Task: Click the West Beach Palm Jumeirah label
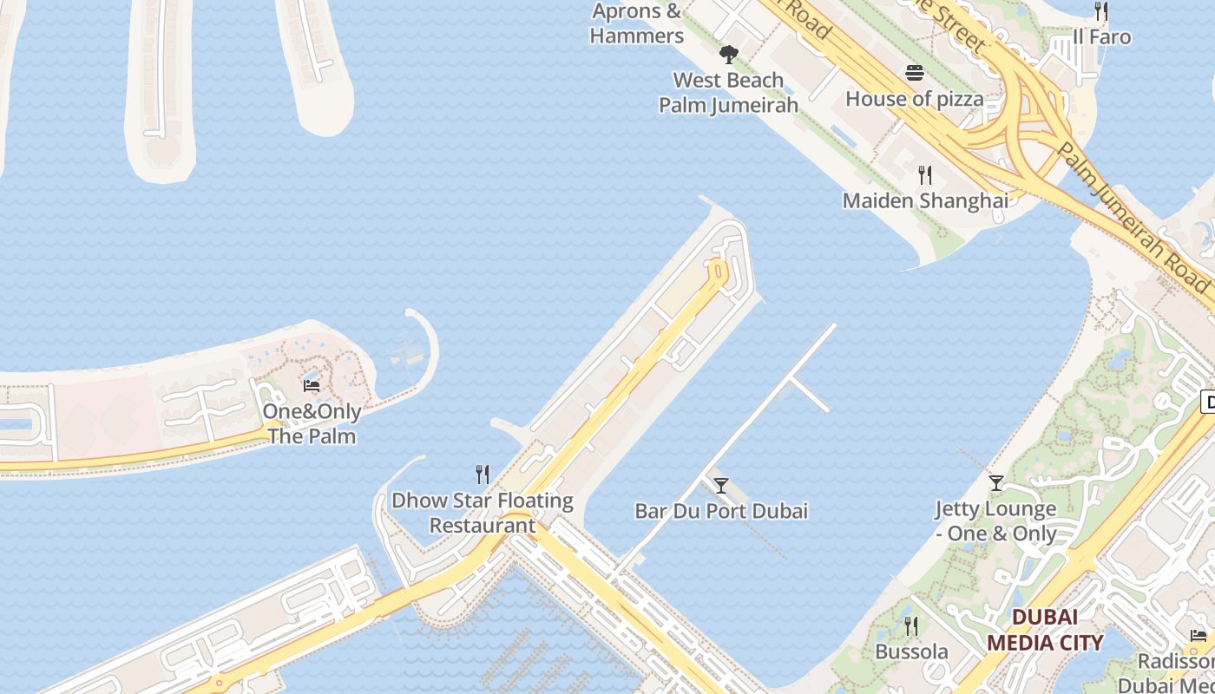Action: pyautogui.click(x=728, y=93)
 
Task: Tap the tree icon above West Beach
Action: pyautogui.click(x=728, y=55)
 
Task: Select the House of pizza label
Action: pyautogui.click(x=915, y=99)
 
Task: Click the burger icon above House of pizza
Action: pyautogui.click(x=915, y=73)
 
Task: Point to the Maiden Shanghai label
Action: pyautogui.click(x=925, y=200)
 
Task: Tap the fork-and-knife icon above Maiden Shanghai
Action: pyautogui.click(x=925, y=175)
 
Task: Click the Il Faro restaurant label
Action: pyautogui.click(x=1101, y=36)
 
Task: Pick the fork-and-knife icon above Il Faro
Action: pyautogui.click(x=1101, y=11)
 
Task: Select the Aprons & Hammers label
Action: pyautogui.click(x=637, y=23)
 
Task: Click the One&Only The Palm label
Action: pyautogui.click(x=312, y=423)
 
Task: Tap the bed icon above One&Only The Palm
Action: pyautogui.click(x=312, y=385)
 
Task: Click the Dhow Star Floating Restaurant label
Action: pyautogui.click(x=483, y=513)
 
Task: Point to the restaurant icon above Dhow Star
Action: pyautogui.click(x=483, y=475)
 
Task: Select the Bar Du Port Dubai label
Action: pyautogui.click(x=721, y=511)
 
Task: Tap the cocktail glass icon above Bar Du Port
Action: pyautogui.click(x=720, y=486)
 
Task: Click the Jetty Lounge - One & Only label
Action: pyautogui.click(x=995, y=520)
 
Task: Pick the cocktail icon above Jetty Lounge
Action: pyautogui.click(x=996, y=482)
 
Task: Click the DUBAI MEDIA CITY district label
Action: pyautogui.click(x=1045, y=630)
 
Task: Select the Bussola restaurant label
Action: pyautogui.click(x=911, y=651)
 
